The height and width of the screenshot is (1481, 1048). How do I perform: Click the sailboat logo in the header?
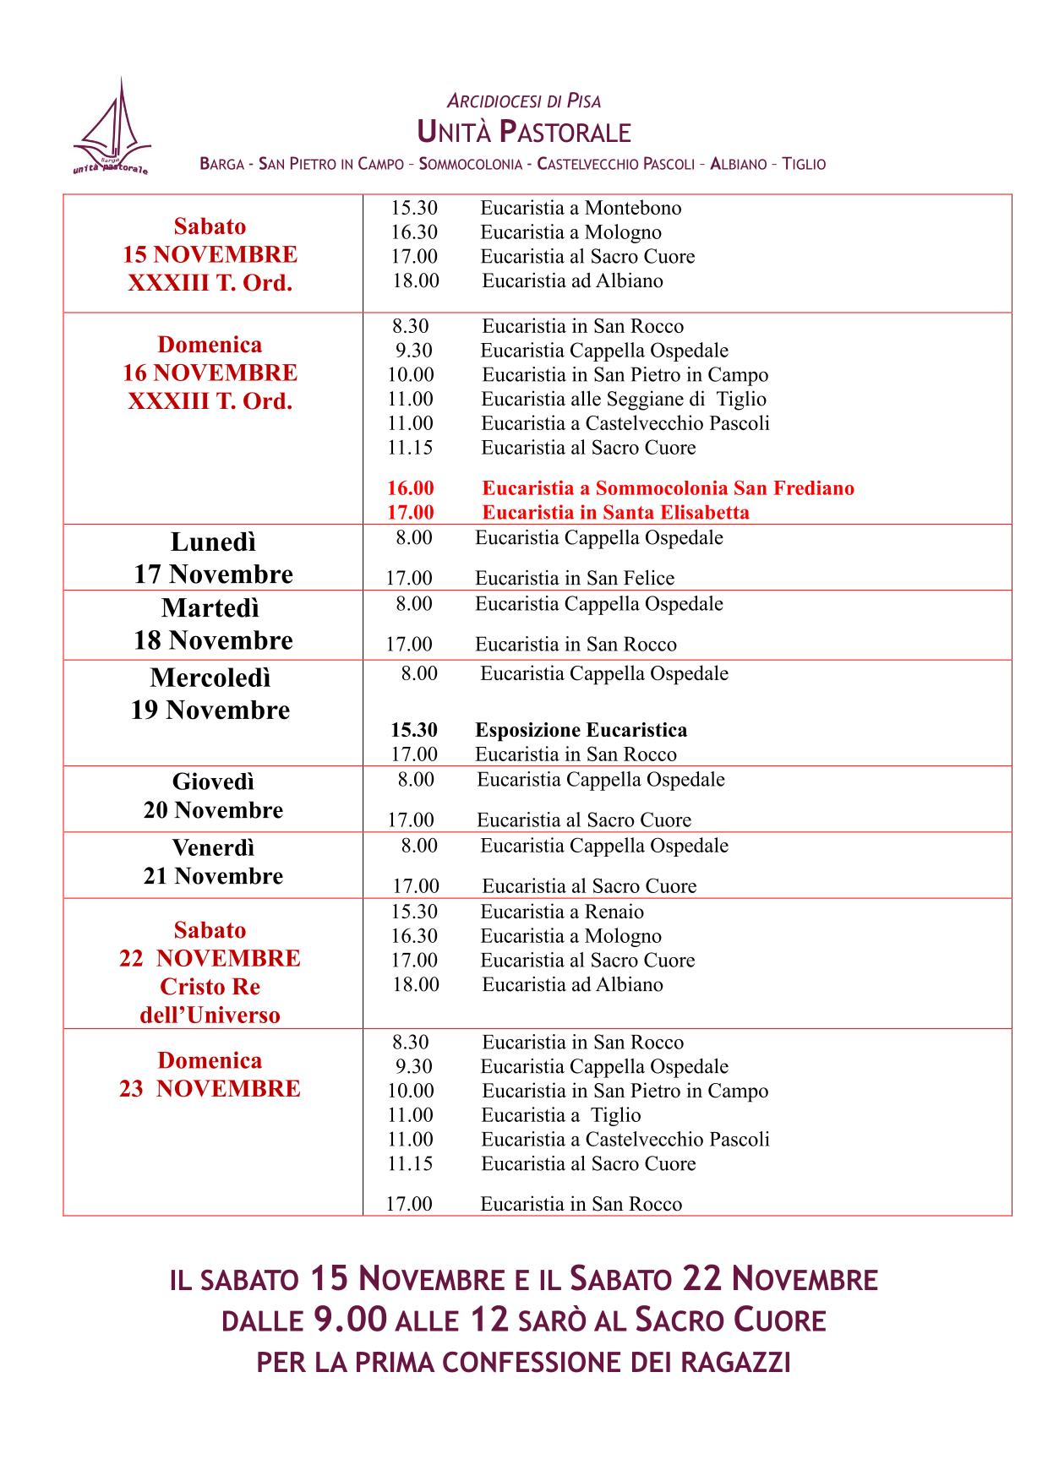pyautogui.click(x=112, y=129)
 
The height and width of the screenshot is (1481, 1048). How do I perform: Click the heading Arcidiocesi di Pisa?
pyautogui.click(x=523, y=101)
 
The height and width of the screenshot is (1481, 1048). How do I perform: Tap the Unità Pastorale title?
pyautogui.click(x=524, y=132)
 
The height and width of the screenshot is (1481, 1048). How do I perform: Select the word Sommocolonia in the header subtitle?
pyautogui.click(x=471, y=164)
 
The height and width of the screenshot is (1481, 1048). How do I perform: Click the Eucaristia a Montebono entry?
pyautogui.click(x=581, y=208)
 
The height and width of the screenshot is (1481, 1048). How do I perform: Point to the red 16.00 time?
pyautogui.click(x=411, y=488)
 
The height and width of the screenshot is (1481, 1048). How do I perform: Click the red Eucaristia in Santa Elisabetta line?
pyautogui.click(x=615, y=513)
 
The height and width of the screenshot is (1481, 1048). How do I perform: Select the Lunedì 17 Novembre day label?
pyautogui.click(x=213, y=558)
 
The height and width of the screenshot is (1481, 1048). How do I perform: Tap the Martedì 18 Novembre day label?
pyautogui.click(x=213, y=624)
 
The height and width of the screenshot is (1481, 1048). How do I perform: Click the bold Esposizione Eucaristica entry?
pyautogui.click(x=581, y=730)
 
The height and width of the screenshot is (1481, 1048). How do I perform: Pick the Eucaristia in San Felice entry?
pyautogui.click(x=575, y=579)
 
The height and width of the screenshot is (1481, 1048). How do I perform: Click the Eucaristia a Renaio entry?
pyautogui.click(x=562, y=912)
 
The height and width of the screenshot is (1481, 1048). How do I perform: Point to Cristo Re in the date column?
pyautogui.click(x=210, y=987)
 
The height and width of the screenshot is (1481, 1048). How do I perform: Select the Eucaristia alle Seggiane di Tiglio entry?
pyautogui.click(x=624, y=399)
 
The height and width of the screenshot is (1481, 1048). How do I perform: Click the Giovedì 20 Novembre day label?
pyautogui.click(x=213, y=796)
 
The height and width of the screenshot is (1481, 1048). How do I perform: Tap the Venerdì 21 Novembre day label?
pyautogui.click(x=213, y=862)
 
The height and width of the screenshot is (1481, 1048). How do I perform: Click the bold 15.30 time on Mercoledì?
pyautogui.click(x=414, y=730)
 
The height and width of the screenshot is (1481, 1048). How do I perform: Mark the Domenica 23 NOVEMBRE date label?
pyautogui.click(x=210, y=1075)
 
